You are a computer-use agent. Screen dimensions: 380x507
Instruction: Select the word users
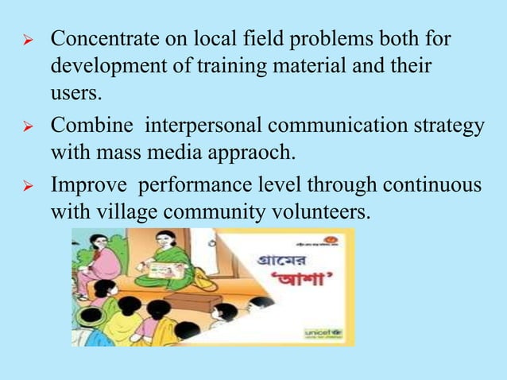[x=75, y=93]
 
